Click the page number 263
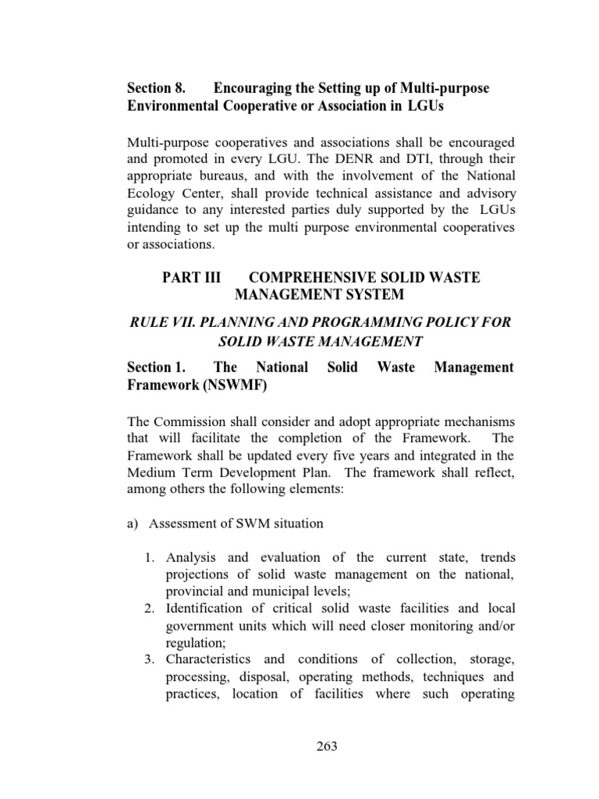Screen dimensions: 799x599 click(x=327, y=747)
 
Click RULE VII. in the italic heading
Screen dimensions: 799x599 click(x=158, y=322)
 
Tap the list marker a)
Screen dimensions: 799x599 click(x=132, y=524)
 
